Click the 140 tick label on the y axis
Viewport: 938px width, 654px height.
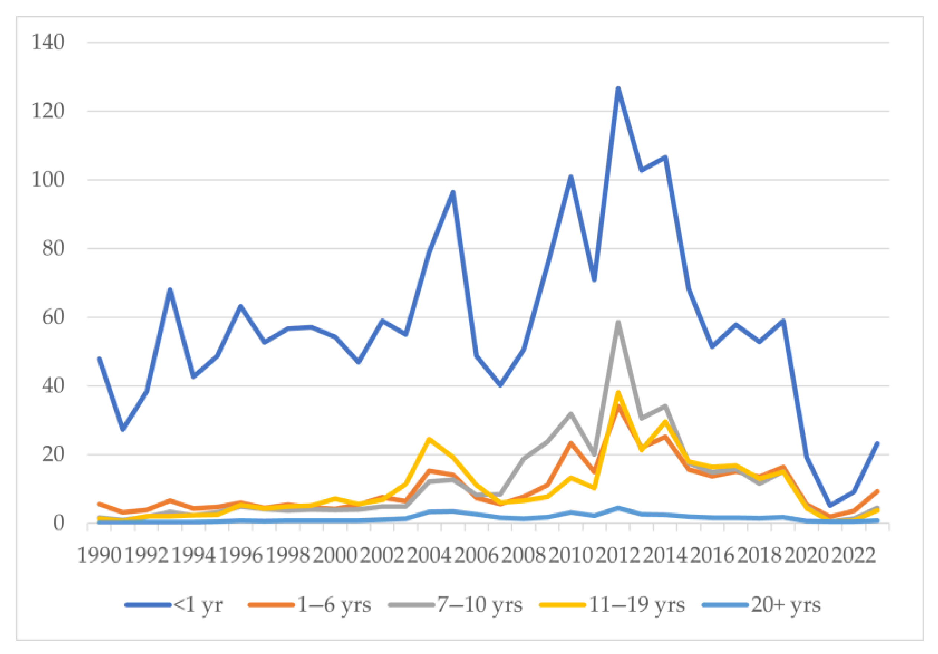(48, 42)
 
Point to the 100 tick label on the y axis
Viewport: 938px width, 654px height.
(48, 180)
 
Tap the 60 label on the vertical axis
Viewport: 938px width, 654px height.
(53, 317)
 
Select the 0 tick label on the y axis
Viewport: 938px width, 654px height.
(59, 523)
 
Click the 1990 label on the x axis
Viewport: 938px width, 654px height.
(99, 556)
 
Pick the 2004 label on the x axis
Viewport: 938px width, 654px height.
(429, 556)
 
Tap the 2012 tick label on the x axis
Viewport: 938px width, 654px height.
(618, 556)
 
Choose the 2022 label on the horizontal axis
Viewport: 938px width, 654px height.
(853, 556)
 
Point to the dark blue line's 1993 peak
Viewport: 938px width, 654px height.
(170, 289)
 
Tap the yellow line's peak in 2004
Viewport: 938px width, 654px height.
(429, 439)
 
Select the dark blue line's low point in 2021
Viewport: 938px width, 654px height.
(830, 506)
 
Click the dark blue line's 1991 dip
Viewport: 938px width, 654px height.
(123, 429)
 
